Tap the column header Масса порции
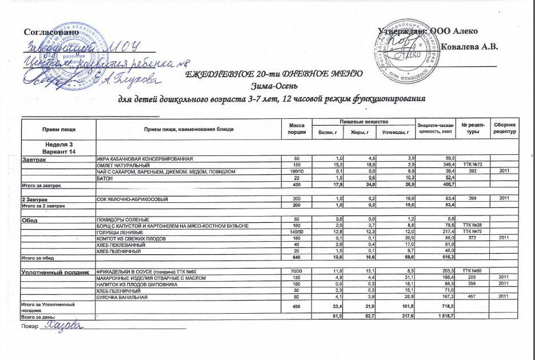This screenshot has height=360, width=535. pos(297,129)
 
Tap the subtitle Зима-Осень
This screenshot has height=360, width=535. pos(271,86)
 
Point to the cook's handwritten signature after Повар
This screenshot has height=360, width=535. pos(63,326)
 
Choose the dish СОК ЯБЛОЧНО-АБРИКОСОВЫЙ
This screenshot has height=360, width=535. pos(128,198)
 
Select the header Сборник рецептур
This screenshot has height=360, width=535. pos(505,129)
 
